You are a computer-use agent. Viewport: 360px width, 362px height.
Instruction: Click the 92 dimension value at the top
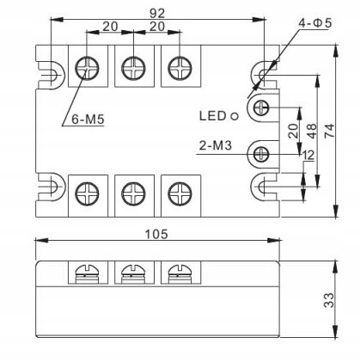click(x=157, y=14)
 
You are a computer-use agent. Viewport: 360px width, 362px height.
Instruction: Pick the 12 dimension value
click(x=308, y=155)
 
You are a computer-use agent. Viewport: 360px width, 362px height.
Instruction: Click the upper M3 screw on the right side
click(x=261, y=107)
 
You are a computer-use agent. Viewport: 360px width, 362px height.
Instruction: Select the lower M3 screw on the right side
click(x=261, y=154)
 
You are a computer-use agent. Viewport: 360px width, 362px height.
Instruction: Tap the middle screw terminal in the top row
click(x=131, y=67)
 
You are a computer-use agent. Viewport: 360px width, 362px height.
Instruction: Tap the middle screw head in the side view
click(x=131, y=273)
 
